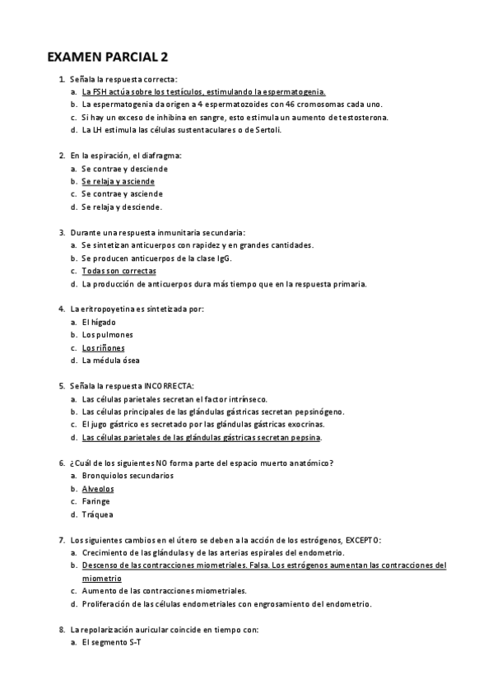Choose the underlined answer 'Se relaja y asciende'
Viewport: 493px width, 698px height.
118,181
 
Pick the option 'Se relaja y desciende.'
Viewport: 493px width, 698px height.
122,207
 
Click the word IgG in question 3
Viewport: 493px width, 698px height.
224,258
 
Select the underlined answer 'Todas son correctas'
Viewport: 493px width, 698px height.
119,271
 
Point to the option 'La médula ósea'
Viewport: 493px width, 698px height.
110,361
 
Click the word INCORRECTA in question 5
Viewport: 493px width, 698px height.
169,386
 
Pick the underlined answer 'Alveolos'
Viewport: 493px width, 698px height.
98,488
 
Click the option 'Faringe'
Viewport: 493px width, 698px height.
96,501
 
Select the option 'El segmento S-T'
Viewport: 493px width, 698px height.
111,642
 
